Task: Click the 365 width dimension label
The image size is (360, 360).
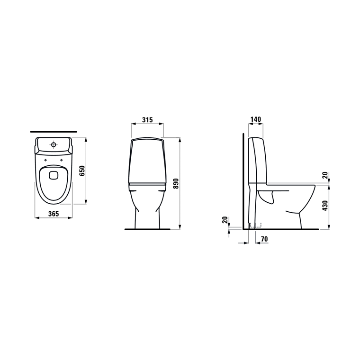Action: [x=54, y=214]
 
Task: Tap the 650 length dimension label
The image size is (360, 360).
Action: [x=82, y=171]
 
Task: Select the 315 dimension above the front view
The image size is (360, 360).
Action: [x=147, y=120]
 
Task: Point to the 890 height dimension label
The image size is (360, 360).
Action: [x=176, y=183]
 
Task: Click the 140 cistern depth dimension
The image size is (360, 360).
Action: [x=256, y=119]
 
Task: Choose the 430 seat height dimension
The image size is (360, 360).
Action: [x=325, y=206]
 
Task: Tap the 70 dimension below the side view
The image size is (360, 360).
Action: [x=264, y=239]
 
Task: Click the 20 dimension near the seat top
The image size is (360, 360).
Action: [x=325, y=175]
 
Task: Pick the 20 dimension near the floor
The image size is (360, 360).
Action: [x=225, y=220]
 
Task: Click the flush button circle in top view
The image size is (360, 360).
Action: [x=54, y=144]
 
